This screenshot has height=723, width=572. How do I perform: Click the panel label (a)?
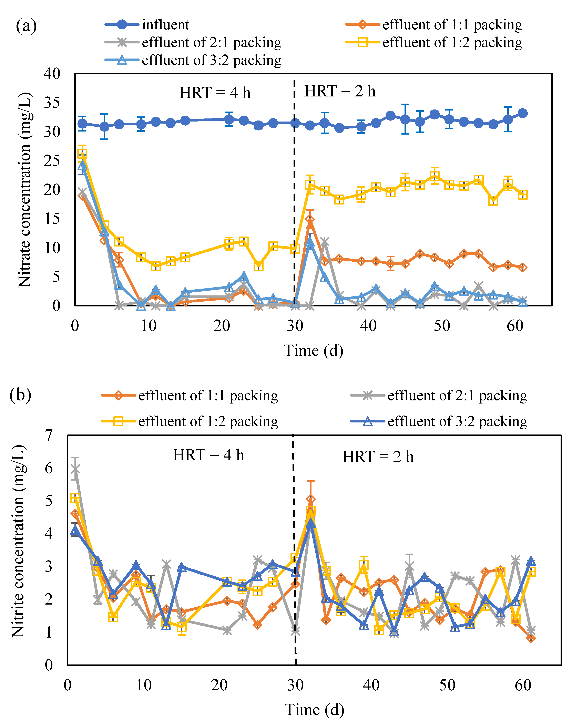click(26, 26)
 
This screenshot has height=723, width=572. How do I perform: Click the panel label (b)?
click(20, 395)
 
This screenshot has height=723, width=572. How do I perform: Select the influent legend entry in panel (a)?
click(147, 24)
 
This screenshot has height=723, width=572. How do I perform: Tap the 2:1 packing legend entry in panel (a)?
click(193, 42)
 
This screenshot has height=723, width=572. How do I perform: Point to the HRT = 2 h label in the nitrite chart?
click(378, 457)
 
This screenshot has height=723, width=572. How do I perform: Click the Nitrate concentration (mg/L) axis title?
click(24, 190)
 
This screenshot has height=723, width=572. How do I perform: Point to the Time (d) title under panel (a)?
click(314, 351)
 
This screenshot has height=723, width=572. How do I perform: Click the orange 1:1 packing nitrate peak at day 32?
click(310, 220)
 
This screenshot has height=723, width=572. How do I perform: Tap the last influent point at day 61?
click(523, 113)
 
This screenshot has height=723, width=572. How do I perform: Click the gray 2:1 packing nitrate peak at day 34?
click(325, 241)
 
